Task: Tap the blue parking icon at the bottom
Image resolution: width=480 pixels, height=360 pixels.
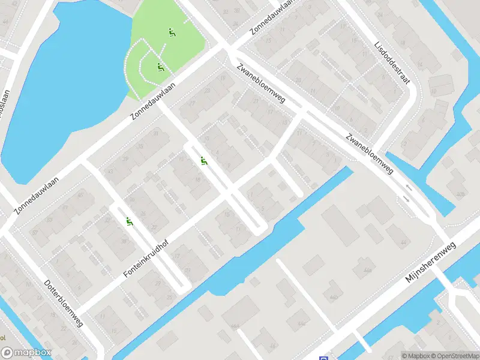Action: coord(324,356)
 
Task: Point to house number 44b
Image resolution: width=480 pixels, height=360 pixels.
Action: coord(333,296)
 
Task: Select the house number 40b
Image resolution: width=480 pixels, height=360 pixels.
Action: coord(460,194)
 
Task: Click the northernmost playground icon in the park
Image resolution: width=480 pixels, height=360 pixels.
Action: coord(172,33)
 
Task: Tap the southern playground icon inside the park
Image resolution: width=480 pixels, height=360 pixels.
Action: coord(160,67)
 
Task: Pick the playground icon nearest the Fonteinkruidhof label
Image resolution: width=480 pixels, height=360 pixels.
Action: coord(129,222)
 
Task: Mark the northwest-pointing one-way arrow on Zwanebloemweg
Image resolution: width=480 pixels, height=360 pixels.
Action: coord(409,188)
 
